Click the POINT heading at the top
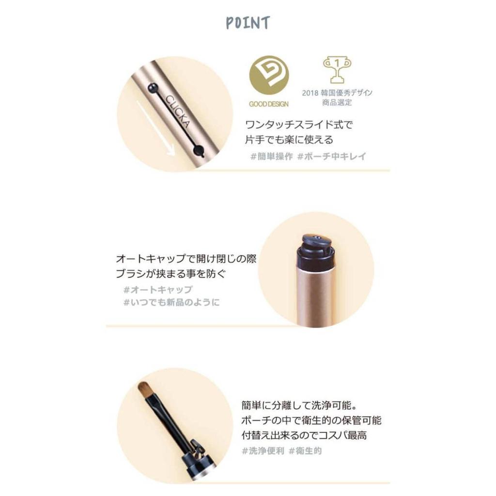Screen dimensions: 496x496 [248, 23]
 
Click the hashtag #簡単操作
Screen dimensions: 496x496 [269, 156]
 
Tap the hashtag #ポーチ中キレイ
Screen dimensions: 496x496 [332, 156]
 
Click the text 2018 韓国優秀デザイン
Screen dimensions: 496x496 [337, 93]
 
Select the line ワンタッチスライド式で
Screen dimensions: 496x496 [299, 125]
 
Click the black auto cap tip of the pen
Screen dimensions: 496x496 [315, 248]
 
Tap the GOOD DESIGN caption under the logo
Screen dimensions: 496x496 [268, 104]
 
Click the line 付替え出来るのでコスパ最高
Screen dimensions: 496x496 [304, 435]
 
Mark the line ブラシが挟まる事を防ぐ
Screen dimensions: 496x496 [171, 274]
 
